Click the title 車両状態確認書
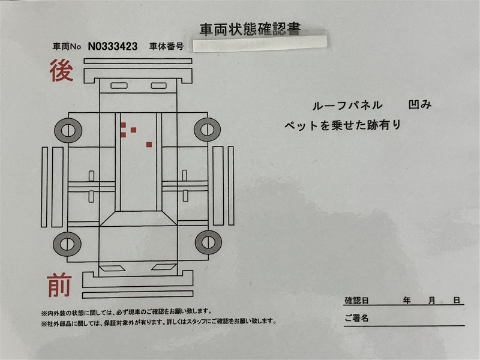[x=250, y=29]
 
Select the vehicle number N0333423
[x=113, y=46]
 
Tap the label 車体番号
[x=166, y=46]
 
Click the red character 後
[x=62, y=70]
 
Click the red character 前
[x=59, y=285]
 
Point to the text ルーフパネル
[x=347, y=106]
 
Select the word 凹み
[x=420, y=104]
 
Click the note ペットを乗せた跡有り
[x=343, y=125]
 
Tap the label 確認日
[x=356, y=301]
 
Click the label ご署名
[x=356, y=318]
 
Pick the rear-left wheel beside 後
[x=68, y=130]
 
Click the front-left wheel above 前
[x=67, y=244]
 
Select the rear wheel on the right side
[x=207, y=129]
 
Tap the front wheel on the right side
[x=208, y=242]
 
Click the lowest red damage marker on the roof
[x=149, y=145]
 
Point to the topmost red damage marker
[x=123, y=125]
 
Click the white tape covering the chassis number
[x=260, y=44]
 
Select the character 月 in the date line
[x=431, y=301]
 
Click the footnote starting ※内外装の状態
[x=127, y=312]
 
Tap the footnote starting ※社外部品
[x=159, y=322]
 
